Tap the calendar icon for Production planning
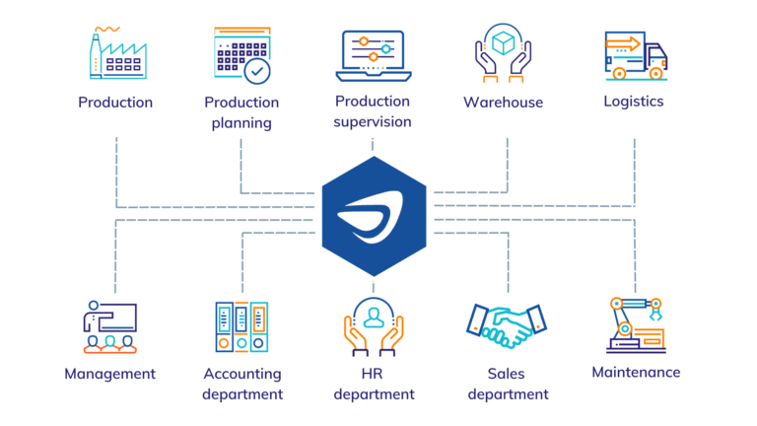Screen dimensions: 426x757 point(241,55)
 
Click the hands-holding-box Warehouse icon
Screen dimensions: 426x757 point(503,53)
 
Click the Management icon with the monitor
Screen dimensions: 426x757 point(110,326)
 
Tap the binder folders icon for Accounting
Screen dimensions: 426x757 point(241,326)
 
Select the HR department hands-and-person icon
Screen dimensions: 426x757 point(373,326)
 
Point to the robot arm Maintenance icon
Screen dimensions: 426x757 point(635,324)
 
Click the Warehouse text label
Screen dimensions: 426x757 point(503,103)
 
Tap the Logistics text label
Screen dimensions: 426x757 point(634,102)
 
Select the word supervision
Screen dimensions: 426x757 point(372,122)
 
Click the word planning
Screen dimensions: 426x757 point(241,124)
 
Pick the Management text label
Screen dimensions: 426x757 point(110,374)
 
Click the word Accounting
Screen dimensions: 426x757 point(241,374)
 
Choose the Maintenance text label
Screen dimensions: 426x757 point(636,372)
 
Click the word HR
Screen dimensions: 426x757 point(374,374)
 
